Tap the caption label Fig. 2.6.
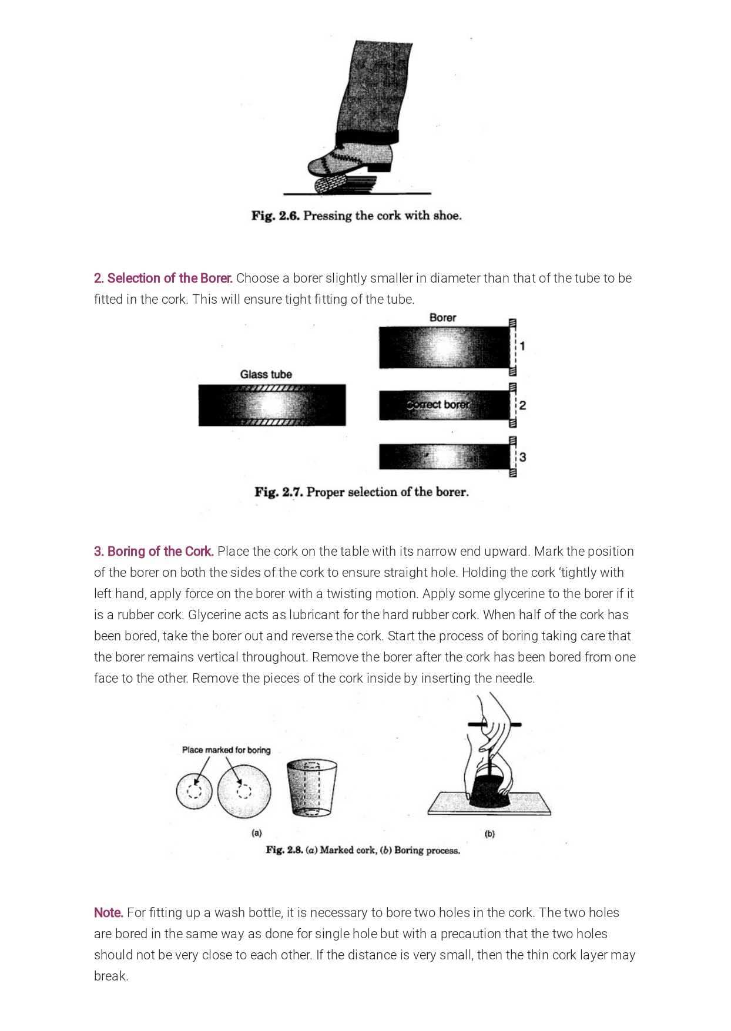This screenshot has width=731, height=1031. (x=276, y=216)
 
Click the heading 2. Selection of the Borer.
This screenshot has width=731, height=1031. (x=163, y=278)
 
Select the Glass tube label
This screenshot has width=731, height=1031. (x=266, y=374)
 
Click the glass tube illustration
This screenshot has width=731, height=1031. (x=272, y=405)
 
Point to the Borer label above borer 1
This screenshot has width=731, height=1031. (x=442, y=317)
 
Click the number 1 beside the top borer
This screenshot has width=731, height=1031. (x=522, y=346)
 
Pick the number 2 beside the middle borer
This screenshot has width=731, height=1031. (x=522, y=405)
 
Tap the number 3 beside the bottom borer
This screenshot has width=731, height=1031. (x=522, y=457)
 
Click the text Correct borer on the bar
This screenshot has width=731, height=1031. (x=438, y=405)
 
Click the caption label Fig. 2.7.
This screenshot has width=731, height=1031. (x=279, y=492)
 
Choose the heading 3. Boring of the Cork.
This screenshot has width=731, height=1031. (x=154, y=551)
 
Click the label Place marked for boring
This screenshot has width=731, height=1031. (x=226, y=750)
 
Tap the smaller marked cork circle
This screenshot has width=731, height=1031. (x=194, y=791)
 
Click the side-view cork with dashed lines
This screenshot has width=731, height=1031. (x=311, y=788)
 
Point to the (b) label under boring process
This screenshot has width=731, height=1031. (x=489, y=834)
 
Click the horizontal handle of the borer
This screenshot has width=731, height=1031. (x=494, y=725)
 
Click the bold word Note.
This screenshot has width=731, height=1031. (x=109, y=912)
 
